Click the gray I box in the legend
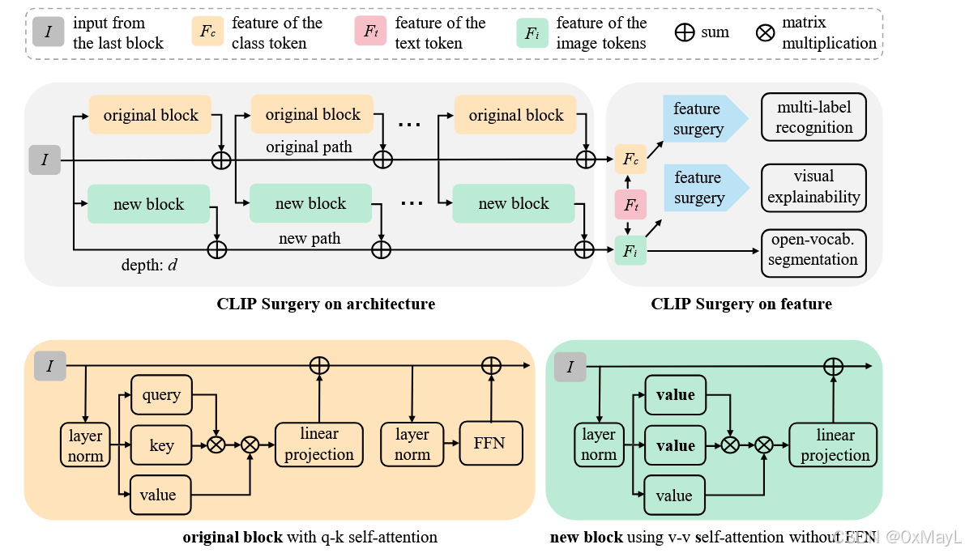(49, 33)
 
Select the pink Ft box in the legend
(370, 33)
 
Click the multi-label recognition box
(813, 117)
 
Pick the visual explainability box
(813, 187)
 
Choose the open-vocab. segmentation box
(813, 250)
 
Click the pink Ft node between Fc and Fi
(630, 205)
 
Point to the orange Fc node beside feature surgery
(630, 160)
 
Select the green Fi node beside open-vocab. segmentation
(630, 250)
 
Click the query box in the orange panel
(161, 395)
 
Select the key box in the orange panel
(161, 445)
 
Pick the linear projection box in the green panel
(835, 445)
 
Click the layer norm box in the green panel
(599, 445)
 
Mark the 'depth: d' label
(150, 264)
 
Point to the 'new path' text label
(310, 238)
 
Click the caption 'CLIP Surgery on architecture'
(326, 304)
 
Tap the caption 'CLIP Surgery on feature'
(741, 304)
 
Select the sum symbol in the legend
(685, 33)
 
